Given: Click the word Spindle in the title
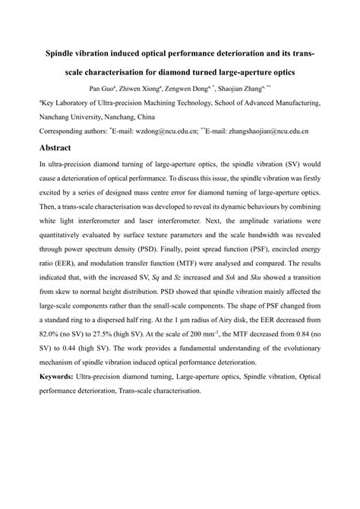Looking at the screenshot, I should pos(64,56).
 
